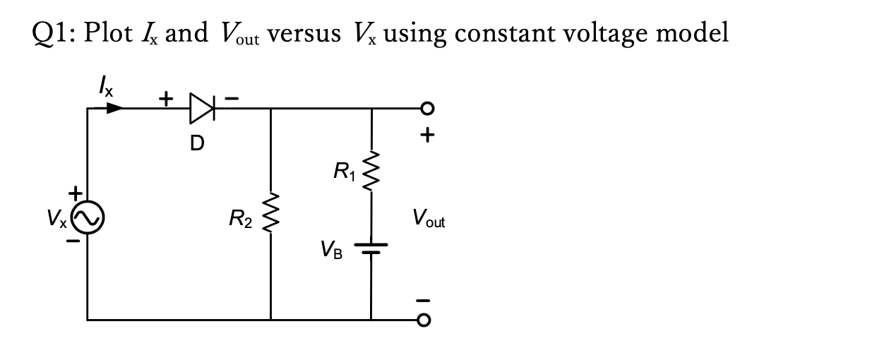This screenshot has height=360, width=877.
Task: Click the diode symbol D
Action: (202, 109)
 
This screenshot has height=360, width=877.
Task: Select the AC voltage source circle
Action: (88, 219)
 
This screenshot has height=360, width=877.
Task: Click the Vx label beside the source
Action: (59, 220)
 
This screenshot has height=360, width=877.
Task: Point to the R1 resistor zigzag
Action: (370, 170)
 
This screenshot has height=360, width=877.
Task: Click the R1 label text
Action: (344, 170)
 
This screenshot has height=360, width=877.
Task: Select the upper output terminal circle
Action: (424, 109)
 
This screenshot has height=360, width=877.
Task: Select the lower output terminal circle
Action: (424, 319)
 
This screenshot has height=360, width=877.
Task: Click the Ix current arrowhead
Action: (114, 109)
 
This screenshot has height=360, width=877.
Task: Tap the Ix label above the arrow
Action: (104, 88)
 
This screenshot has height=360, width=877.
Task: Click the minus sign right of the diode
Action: (232, 98)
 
